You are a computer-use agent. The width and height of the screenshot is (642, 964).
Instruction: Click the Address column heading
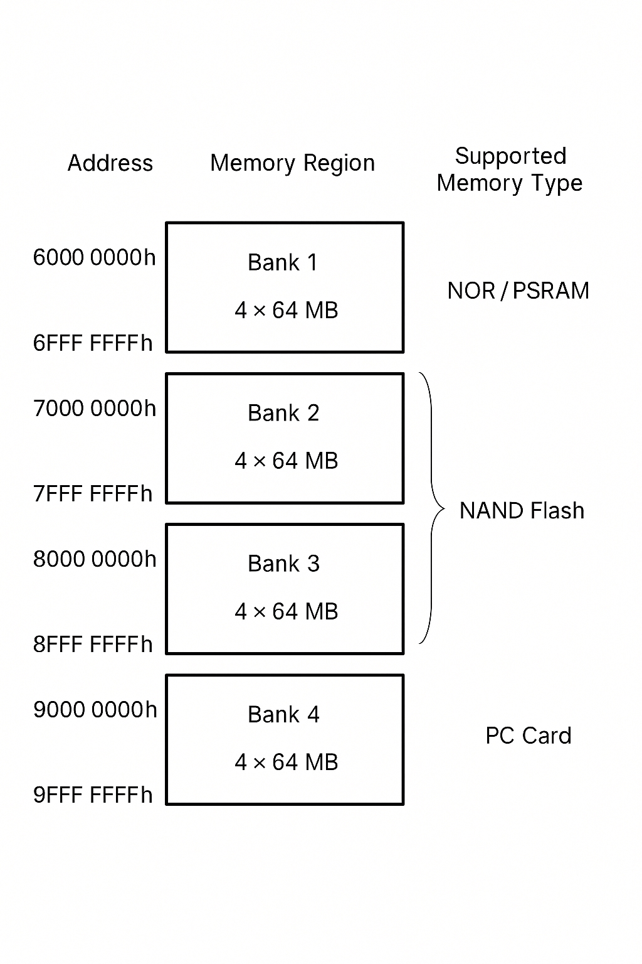click(110, 163)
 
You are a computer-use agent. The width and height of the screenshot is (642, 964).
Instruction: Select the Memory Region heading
click(292, 163)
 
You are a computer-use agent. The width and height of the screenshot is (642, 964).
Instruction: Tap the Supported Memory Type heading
click(510, 169)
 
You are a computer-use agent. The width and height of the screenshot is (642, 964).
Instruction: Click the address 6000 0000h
click(94, 257)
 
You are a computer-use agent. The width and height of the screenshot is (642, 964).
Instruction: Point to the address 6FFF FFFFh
click(93, 343)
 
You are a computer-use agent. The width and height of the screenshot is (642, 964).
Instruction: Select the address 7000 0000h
click(94, 409)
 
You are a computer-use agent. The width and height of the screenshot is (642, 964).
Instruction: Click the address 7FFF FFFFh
click(93, 494)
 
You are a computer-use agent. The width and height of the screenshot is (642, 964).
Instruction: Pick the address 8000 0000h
click(94, 559)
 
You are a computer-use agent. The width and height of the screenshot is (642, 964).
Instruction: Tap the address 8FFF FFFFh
click(93, 645)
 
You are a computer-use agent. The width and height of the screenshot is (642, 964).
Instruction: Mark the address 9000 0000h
click(95, 710)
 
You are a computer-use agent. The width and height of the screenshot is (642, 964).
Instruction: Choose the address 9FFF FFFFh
click(93, 795)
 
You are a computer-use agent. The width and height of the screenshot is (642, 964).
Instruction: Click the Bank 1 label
click(283, 262)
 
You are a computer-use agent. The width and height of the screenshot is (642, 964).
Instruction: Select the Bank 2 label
click(283, 413)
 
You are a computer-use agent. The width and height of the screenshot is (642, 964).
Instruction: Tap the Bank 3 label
click(283, 564)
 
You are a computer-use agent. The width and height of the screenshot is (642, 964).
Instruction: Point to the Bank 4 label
click(283, 714)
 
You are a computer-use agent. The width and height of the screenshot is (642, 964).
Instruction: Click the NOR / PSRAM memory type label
click(518, 291)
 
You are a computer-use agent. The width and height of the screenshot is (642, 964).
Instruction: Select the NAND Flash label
click(522, 511)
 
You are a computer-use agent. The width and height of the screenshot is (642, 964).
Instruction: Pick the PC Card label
click(528, 736)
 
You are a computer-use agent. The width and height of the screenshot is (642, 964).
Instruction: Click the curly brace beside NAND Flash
click(432, 508)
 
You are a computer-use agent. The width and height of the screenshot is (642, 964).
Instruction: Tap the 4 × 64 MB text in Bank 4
click(286, 762)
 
